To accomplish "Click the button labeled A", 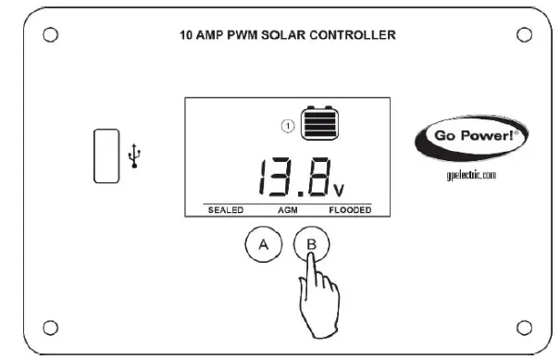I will pyautogui.click(x=264, y=245).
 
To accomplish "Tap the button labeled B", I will pyautogui.click(x=311, y=245).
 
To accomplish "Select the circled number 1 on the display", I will pyautogui.click(x=288, y=126).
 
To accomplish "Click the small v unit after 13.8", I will pyautogui.click(x=339, y=192).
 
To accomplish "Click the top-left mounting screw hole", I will pyautogui.click(x=51, y=35).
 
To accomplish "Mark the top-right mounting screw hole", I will pyautogui.click(x=524, y=35).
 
